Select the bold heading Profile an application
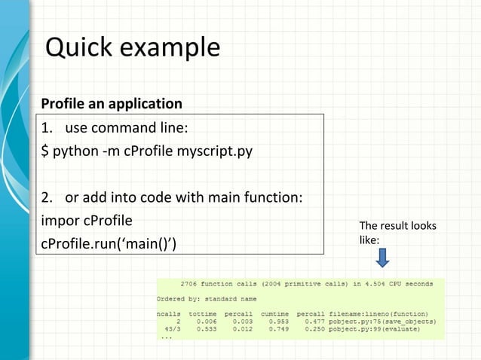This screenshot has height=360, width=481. click(x=112, y=103)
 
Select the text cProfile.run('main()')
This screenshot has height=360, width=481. click(x=103, y=245)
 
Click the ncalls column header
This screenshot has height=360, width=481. click(x=168, y=313)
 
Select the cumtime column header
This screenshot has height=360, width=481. click(x=275, y=313)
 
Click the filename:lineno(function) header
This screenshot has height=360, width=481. click(x=381, y=313)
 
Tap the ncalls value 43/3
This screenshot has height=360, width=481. click(x=171, y=328)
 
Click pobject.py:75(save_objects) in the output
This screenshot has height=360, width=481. click(x=386, y=320)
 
